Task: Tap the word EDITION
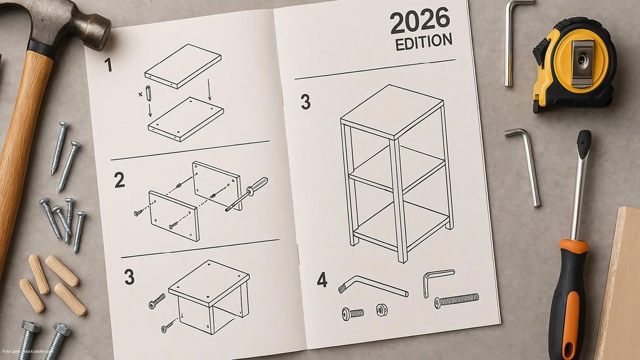424,42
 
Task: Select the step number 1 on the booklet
108,64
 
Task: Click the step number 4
322,280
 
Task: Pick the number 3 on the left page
129,277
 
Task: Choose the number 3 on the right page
305,102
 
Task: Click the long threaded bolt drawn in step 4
456,300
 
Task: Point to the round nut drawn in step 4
381,309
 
